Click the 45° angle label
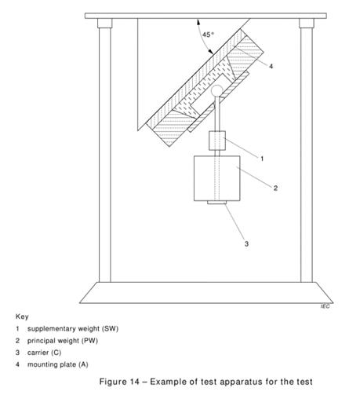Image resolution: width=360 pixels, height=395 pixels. tap(208, 35)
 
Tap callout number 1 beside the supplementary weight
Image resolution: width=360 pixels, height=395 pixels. tap(262, 159)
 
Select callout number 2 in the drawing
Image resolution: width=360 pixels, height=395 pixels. tap(275, 188)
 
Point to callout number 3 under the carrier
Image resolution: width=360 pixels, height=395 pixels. tap(246, 243)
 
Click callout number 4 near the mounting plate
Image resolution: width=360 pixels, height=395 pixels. tap(271, 66)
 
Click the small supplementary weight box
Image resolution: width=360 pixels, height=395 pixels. tap(217, 141)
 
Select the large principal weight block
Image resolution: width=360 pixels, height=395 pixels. tap(217, 178)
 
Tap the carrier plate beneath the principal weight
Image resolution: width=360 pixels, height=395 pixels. tap(217, 203)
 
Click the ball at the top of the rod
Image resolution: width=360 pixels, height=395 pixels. tap(217, 91)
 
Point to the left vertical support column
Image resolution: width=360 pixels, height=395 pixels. tap(105, 155)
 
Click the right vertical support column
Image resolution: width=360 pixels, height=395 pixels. tap(307, 155)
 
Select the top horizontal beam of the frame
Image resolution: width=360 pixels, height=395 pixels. tap(205, 16)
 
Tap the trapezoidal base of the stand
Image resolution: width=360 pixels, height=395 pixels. tap(206, 293)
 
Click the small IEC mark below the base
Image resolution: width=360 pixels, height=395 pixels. tap(325, 306)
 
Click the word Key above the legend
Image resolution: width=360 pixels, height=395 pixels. tap(22, 316)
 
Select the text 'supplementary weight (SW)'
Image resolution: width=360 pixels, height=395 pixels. tap(73, 329)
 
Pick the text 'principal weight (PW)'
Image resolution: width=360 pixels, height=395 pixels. tap(63, 341)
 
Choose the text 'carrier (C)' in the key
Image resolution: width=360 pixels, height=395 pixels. tap(45, 353)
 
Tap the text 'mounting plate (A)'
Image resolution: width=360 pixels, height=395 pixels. tap(58, 364)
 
